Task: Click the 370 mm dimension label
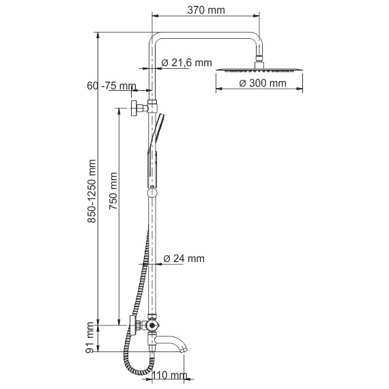click(206, 10)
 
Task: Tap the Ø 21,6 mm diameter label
click(186, 63)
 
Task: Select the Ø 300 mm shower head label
click(263, 83)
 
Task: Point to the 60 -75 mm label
click(111, 86)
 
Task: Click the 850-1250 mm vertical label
click(92, 191)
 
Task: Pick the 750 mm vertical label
click(113, 191)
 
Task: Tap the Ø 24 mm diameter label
click(184, 259)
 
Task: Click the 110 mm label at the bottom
click(169, 375)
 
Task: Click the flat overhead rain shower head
click(259, 70)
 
